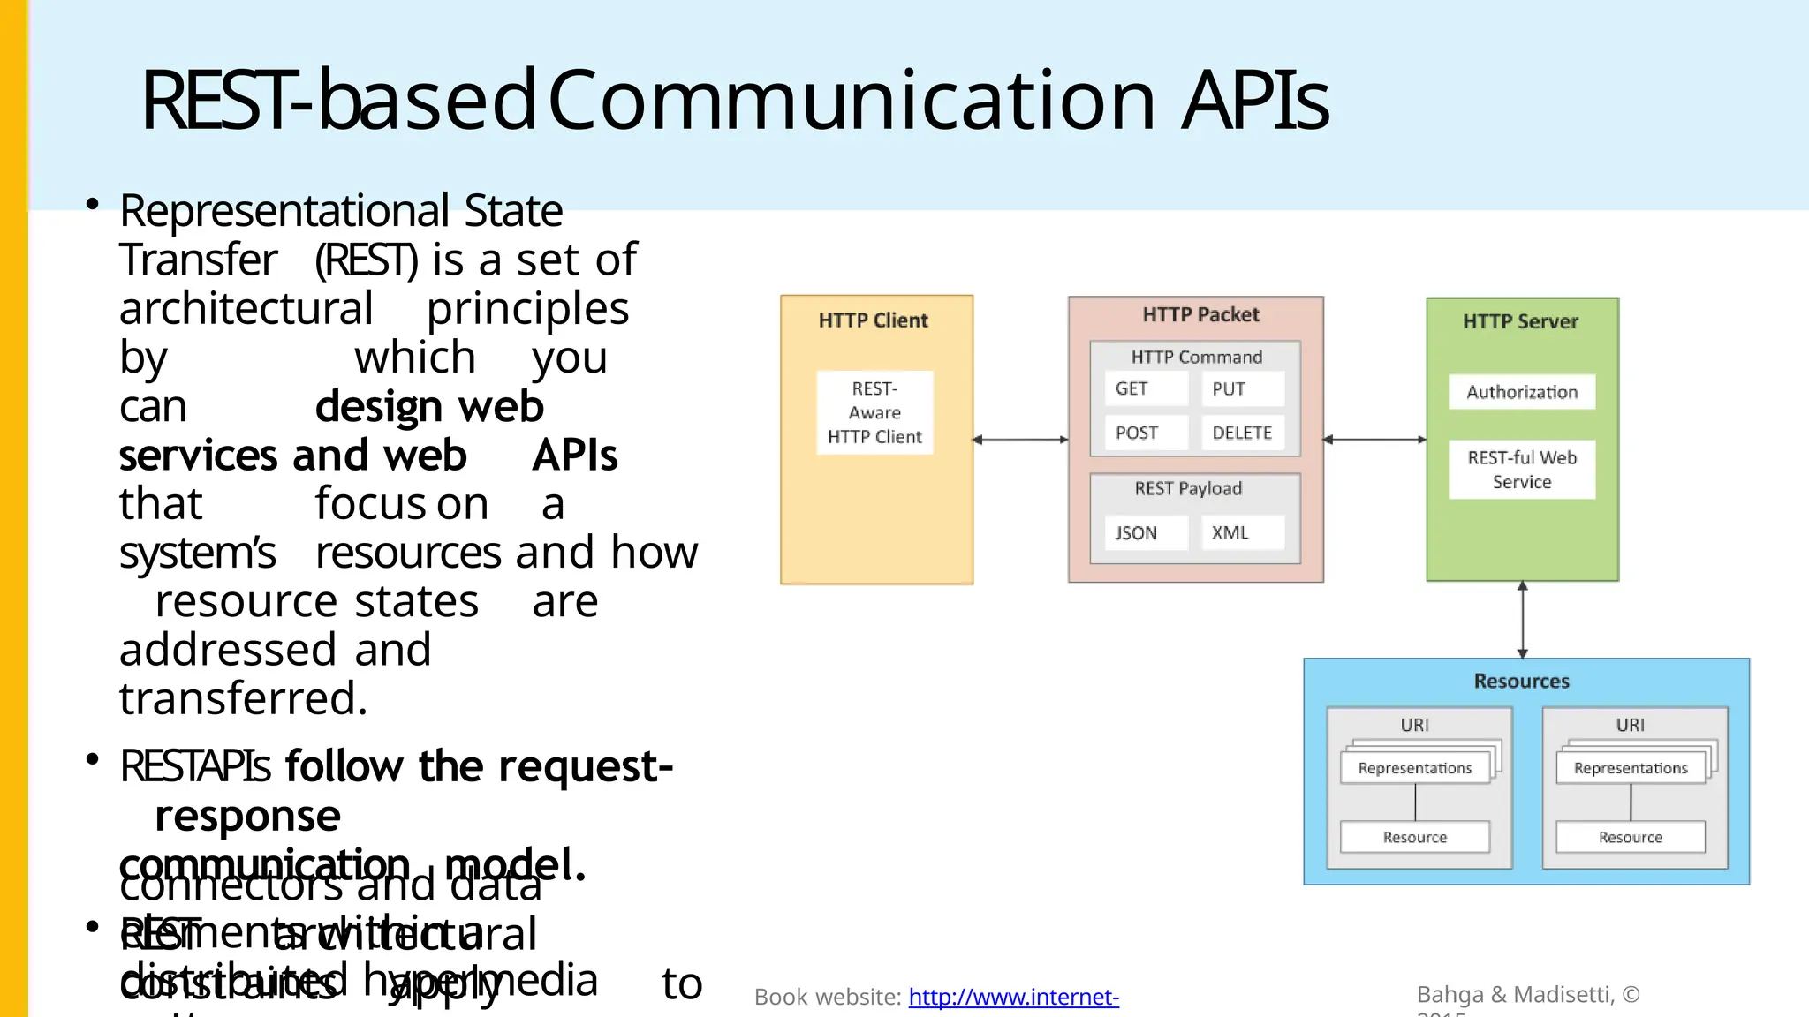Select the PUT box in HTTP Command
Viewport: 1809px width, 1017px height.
pyautogui.click(x=1242, y=388)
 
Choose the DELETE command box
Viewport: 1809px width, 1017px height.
pyautogui.click(x=1242, y=433)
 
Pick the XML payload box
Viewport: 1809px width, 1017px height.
pyautogui.click(x=1242, y=532)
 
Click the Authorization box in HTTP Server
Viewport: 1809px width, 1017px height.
pyautogui.click(x=1521, y=392)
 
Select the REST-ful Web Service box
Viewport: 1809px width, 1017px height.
pyautogui.click(x=1521, y=470)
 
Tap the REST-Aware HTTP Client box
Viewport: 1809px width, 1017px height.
pyautogui.click(x=874, y=412)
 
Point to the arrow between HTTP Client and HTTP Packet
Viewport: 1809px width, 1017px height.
pyautogui.click(x=1020, y=440)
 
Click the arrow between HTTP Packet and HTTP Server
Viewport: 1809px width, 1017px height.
pyautogui.click(x=1374, y=440)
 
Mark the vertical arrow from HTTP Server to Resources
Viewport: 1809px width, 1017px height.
pyautogui.click(x=1522, y=620)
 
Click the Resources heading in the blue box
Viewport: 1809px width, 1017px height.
pyautogui.click(x=1521, y=682)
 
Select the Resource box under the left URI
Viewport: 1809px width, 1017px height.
pyautogui.click(x=1414, y=837)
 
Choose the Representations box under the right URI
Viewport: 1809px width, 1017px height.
pyautogui.click(x=1631, y=768)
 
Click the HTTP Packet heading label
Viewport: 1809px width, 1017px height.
pyautogui.click(x=1200, y=315)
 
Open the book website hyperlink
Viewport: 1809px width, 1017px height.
pyautogui.click(x=1013, y=997)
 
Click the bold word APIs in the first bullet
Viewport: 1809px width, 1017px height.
pyautogui.click(x=574, y=456)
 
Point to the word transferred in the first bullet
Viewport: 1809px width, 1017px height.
pyautogui.click(x=243, y=698)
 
